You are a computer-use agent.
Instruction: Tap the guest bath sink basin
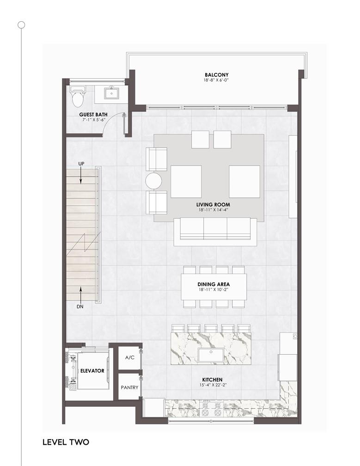point(111,94)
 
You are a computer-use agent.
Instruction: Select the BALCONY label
point(217,75)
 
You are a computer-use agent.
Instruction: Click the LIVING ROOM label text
point(213,204)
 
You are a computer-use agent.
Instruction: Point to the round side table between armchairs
point(153,181)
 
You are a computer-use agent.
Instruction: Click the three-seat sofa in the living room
point(215,232)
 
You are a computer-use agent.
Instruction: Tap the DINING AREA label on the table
point(214,284)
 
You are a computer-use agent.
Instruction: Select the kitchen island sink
point(211,355)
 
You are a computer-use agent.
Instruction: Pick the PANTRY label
point(129,387)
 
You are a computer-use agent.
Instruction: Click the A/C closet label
point(130,357)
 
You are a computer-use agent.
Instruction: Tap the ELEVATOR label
point(92,371)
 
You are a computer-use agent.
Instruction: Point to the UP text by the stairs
point(81,164)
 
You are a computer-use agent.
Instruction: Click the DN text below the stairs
point(80,307)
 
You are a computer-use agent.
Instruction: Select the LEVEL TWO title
point(66,442)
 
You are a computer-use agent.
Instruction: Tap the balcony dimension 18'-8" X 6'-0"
point(217,80)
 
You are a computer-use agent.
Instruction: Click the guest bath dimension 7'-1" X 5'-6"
point(94,120)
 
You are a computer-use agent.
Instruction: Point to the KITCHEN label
point(212,380)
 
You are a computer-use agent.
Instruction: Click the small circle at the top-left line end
point(21,25)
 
